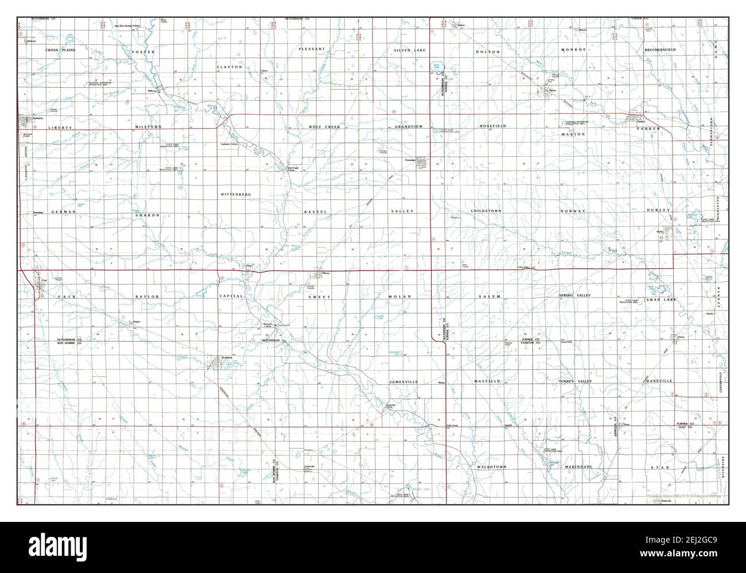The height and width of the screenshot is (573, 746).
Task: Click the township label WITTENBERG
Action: pyautogui.click(x=236, y=195)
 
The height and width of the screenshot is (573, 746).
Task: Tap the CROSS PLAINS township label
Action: pyautogui.click(x=61, y=51)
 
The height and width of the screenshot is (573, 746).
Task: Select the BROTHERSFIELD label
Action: pyautogui.click(x=660, y=50)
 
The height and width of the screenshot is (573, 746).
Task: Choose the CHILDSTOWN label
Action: pyautogui.click(x=486, y=211)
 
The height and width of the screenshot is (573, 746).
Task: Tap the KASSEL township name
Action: pyautogui.click(x=315, y=212)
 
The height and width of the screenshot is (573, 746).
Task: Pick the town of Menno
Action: pyautogui.click(x=319, y=274)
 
